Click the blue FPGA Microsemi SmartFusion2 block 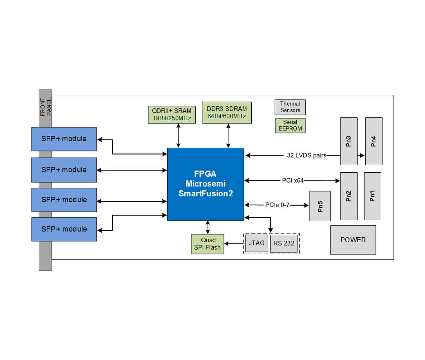[206, 184]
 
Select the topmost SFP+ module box [64, 139]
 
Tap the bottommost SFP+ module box [64, 229]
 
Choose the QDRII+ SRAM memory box [172, 115]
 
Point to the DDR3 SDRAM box [227, 112]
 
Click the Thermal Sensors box [290, 107]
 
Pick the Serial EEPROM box [290, 126]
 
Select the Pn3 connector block [349, 141]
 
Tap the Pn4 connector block [374, 141]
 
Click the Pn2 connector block [349, 196]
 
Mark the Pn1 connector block [372, 196]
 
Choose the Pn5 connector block [320, 206]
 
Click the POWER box [353, 240]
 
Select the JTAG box [257, 243]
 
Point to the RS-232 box [284, 243]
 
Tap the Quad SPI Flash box [208, 244]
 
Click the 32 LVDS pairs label [306, 155]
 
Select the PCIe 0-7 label [277, 205]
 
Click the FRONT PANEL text [45, 107]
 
